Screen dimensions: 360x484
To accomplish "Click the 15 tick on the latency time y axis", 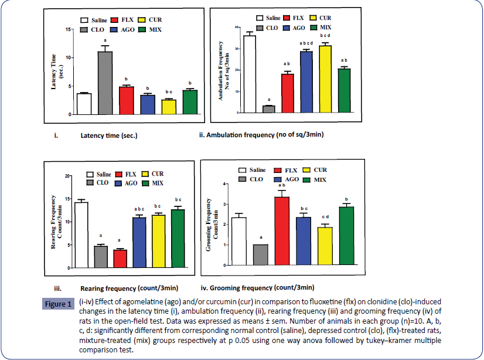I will [x=69, y=29].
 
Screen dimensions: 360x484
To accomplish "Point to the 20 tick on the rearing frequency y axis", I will [x=68, y=176].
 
